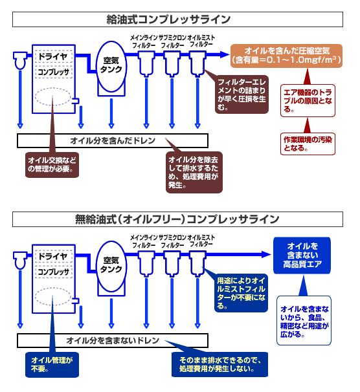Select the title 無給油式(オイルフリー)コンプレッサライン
177,219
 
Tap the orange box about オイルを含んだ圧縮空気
286,56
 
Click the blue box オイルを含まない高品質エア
302,256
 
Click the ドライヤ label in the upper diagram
53,56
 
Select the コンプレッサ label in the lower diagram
53,272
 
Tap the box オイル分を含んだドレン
113,141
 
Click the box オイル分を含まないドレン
113,340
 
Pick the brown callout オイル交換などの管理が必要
52,165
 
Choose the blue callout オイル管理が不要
52,365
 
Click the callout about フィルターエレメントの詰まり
242,94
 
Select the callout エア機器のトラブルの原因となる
308,101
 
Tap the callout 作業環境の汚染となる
308,144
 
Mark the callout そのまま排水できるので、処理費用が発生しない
219,364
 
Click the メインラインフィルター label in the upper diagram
144,42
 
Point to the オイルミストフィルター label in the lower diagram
201,241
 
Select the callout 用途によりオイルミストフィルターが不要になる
241,293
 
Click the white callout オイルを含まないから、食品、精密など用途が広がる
304,321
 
